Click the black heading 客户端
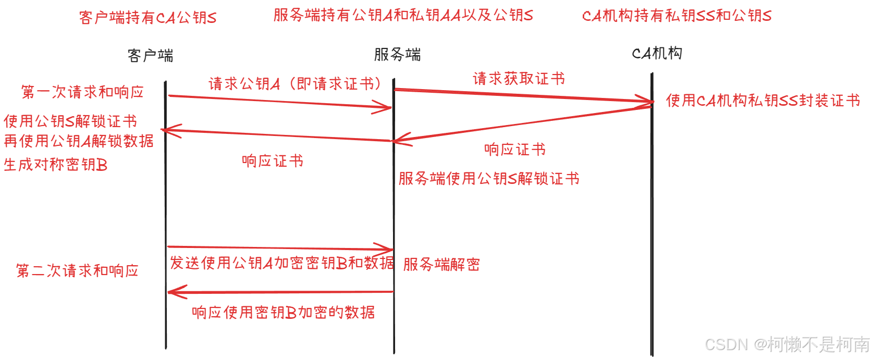coord(150,55)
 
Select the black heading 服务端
coord(397,54)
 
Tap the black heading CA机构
coord(657,53)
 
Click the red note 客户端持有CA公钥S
coord(148,18)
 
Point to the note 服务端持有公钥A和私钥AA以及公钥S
coord(403,15)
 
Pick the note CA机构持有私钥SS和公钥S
coord(677,16)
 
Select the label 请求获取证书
coord(519,79)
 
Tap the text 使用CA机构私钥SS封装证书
coord(763,100)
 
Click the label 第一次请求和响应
coord(82,92)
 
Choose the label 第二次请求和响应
coord(77,271)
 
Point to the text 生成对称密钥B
coord(56,165)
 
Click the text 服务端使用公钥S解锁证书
coord(488,179)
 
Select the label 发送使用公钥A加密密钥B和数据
coord(282,263)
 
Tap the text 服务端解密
coord(441,264)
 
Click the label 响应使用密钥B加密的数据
coord(283,312)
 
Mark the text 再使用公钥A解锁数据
coord(79,141)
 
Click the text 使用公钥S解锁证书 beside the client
coord(70,121)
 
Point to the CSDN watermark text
coord(787,344)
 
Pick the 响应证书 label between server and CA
coord(515,150)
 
